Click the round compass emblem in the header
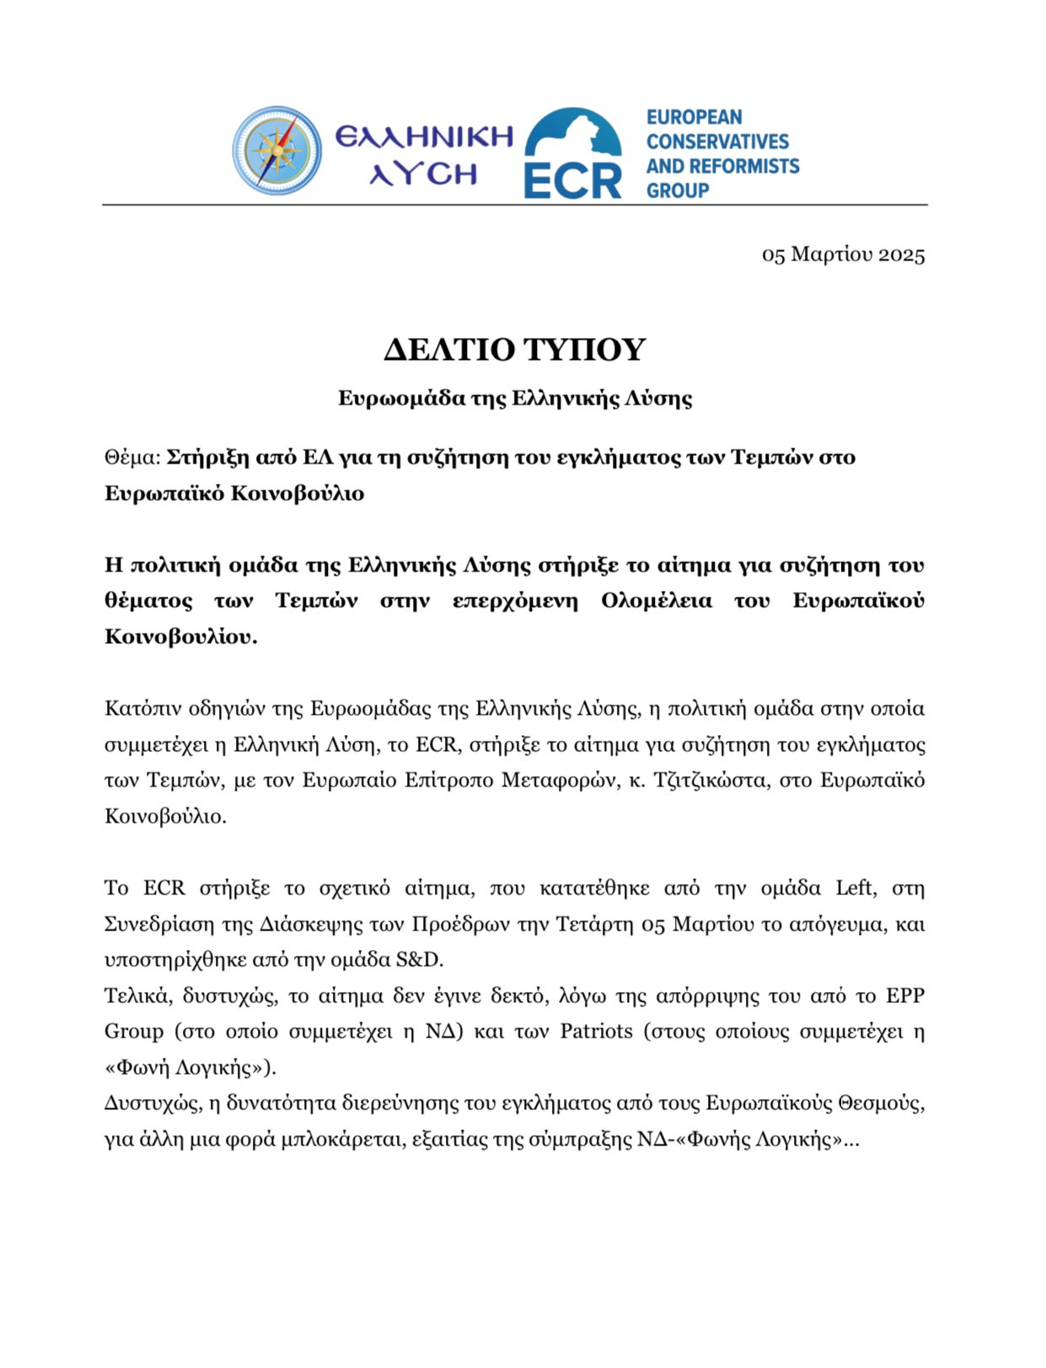point(276,151)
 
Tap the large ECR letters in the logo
point(572,180)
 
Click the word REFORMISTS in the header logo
point(747,166)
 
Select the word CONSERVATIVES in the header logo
point(717,142)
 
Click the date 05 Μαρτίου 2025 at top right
point(843,255)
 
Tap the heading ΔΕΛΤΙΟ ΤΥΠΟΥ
point(515,349)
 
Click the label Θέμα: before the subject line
point(132,458)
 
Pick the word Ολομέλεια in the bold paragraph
point(656,601)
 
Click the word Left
point(855,888)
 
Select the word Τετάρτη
point(594,925)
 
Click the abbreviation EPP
point(905,996)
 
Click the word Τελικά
point(131,996)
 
